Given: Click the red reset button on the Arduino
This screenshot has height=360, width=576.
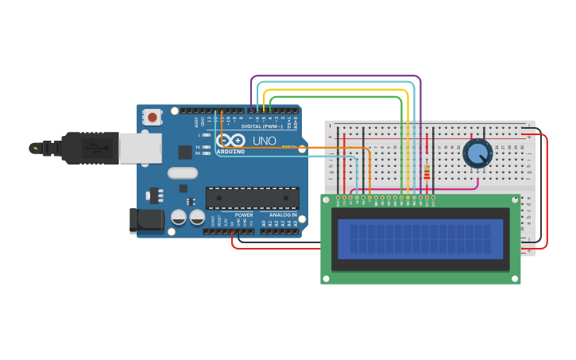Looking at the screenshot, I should click(152, 117).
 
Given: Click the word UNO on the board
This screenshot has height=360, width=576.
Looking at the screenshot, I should click(264, 141).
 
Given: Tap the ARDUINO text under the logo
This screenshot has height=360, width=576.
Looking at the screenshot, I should click(231, 151).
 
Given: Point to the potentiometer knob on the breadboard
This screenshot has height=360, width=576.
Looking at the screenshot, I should click(477, 153).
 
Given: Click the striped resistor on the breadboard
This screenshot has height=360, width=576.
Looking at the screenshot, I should click(427, 172).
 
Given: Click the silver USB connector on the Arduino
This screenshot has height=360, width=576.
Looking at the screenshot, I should click(141, 148).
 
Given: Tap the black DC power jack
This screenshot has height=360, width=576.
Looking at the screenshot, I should click(146, 220).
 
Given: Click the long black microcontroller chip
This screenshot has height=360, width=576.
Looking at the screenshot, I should click(253, 198).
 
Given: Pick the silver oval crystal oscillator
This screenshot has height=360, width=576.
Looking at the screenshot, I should click(182, 172).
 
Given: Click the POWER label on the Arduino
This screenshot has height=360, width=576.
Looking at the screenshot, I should click(244, 215).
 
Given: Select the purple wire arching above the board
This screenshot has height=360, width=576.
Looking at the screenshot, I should click(334, 76).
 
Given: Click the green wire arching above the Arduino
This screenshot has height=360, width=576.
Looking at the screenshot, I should click(334, 97).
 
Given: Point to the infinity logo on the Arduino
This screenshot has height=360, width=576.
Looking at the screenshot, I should click(230, 140).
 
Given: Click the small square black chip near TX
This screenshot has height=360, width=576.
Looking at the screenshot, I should click(185, 152).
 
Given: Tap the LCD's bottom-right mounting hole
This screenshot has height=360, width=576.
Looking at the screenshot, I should click(514, 278).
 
